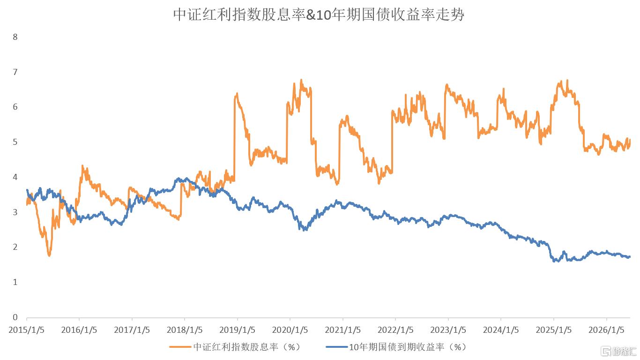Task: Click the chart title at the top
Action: tap(319, 15)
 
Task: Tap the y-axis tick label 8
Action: tap(15, 37)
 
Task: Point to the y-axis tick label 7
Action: tap(15, 72)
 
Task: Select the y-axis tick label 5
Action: tap(15, 142)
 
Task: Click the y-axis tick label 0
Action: tap(15, 317)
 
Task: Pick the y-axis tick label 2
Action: tap(15, 247)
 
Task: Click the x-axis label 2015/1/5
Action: tap(27, 330)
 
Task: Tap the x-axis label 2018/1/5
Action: tap(185, 330)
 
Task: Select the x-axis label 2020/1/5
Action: tap(290, 330)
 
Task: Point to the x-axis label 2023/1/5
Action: tap(448, 330)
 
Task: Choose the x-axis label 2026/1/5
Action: tap(606, 330)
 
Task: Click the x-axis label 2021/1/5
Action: tap(342, 330)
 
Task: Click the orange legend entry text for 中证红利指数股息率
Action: tap(247, 347)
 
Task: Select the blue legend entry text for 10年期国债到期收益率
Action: tap(408, 347)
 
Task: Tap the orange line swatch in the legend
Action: tap(180, 347)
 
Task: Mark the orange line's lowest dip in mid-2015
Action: tap(49, 255)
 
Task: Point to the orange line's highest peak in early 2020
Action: tap(301, 80)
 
